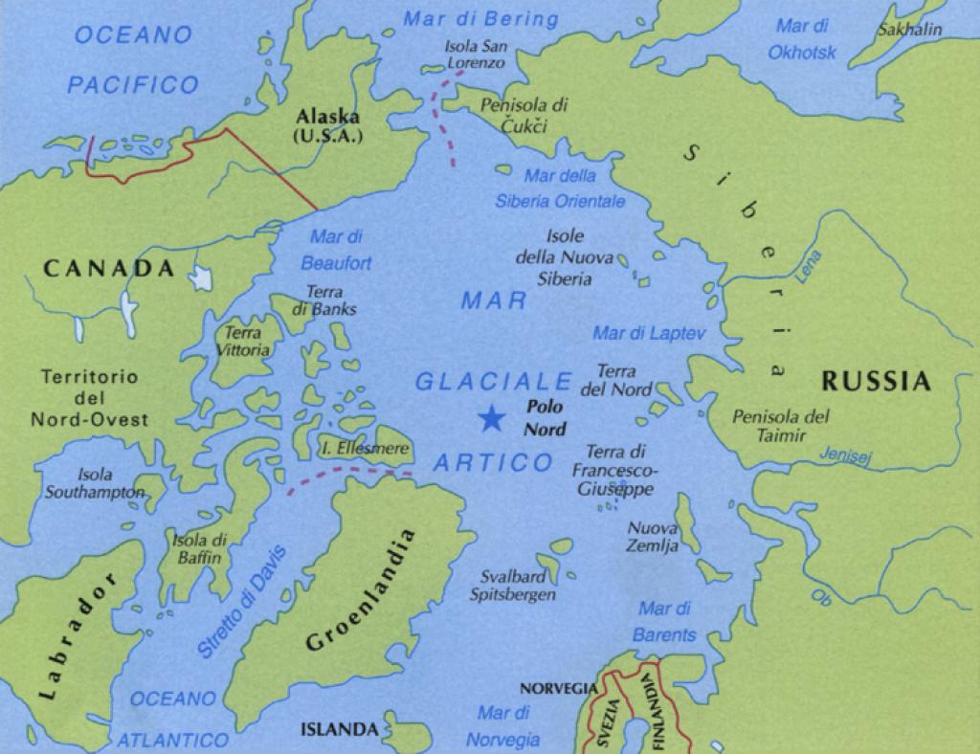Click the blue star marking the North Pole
click(x=491, y=417)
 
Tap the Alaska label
click(x=328, y=125)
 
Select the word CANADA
click(x=109, y=269)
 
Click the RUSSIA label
click(x=876, y=382)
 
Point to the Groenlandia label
click(x=362, y=590)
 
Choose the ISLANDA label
click(x=340, y=729)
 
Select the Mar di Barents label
click(x=665, y=622)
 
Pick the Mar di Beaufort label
click(x=336, y=249)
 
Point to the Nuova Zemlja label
click(x=653, y=537)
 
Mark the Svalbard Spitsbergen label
click(x=513, y=586)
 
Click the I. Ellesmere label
click(x=366, y=448)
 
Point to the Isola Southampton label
click(x=95, y=483)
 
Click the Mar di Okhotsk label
click(x=802, y=39)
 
